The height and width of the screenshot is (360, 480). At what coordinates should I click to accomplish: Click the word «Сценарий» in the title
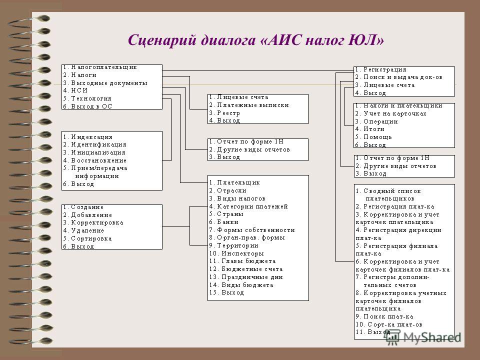pos(161,40)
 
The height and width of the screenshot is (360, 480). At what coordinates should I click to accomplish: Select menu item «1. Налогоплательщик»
pos(100,67)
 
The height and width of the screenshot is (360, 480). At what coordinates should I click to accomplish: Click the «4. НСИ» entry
pos(75,90)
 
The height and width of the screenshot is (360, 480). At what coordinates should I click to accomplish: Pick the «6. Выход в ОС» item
pos(87,106)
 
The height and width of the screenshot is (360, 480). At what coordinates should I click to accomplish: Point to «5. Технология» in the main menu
pos(87,98)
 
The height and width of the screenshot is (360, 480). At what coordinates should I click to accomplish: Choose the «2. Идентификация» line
pos(94,144)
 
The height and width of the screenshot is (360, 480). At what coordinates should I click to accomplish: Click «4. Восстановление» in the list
pos(94,160)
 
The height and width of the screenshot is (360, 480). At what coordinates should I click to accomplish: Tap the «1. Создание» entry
pos(83,207)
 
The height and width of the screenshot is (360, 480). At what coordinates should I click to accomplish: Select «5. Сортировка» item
pos(87,238)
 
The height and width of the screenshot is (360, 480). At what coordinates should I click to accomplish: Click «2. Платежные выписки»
pos(249,105)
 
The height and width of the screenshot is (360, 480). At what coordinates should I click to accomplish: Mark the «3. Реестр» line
pos(224,113)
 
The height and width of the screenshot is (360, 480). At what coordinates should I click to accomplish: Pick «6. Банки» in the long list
pos(223,222)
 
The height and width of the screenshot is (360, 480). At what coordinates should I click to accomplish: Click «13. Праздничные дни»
pos(246,277)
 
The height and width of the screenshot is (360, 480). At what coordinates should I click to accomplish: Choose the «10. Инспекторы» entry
pos(236,253)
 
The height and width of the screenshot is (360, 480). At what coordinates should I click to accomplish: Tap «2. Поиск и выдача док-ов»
pos(398,77)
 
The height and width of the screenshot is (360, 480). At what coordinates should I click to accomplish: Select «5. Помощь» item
pos(373,137)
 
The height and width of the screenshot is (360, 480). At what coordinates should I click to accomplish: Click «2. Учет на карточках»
pos(390,113)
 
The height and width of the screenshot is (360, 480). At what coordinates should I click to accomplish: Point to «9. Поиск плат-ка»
pos(384,316)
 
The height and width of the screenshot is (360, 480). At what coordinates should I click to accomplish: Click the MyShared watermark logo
pos(423,337)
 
